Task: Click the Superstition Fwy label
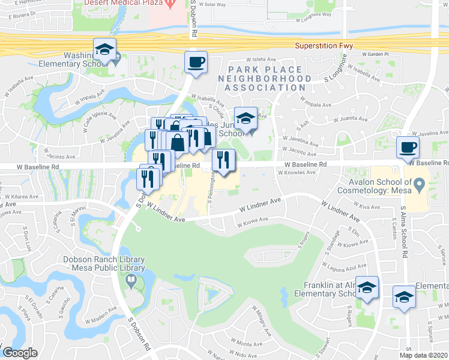click(x=324, y=46)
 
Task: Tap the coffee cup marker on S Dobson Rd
click(x=196, y=62)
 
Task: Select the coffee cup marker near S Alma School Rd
click(x=408, y=148)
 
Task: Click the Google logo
click(x=20, y=353)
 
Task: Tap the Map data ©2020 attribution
click(x=423, y=355)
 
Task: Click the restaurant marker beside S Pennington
click(x=223, y=160)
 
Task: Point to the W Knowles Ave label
click(x=297, y=172)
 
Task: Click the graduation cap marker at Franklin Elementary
click(x=366, y=288)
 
